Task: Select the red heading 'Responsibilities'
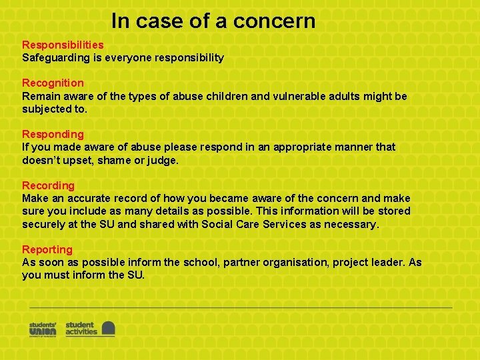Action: (63, 45)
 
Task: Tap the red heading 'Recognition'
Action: (53, 83)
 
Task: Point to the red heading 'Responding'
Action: (53, 134)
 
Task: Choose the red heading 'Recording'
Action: (48, 185)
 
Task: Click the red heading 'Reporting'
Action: (47, 249)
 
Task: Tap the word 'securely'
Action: (43, 224)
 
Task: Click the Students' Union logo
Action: (43, 329)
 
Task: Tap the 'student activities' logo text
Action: (81, 329)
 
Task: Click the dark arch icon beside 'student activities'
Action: (108, 329)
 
